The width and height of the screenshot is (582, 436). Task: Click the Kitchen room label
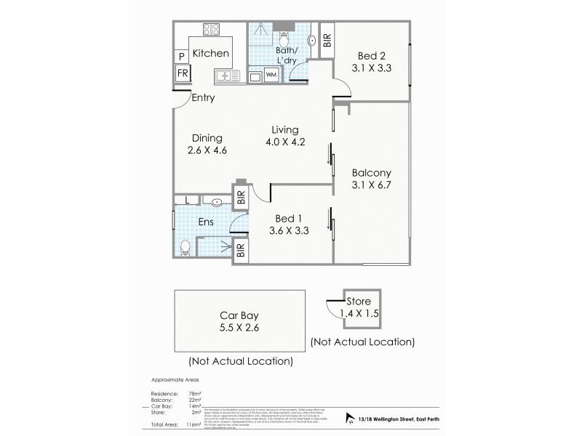[x=210, y=54]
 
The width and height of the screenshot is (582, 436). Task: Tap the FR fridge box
[x=183, y=73]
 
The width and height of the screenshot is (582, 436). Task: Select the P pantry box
[x=180, y=57]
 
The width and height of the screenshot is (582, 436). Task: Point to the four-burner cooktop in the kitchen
[x=212, y=31]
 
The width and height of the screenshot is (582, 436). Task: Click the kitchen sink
[x=226, y=75]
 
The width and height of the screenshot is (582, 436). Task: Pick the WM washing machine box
[x=271, y=75]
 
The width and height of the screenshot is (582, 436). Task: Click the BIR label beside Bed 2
[x=327, y=40]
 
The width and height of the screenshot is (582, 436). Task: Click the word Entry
[x=202, y=98]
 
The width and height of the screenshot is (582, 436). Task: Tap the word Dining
[x=207, y=139]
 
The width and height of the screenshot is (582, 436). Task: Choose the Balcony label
[x=372, y=173]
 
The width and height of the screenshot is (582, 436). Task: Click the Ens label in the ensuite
[x=205, y=222]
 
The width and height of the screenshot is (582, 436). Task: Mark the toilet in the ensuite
[x=186, y=247]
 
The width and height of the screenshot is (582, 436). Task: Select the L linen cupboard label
[x=187, y=201]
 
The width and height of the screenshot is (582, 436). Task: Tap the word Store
[x=359, y=301]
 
